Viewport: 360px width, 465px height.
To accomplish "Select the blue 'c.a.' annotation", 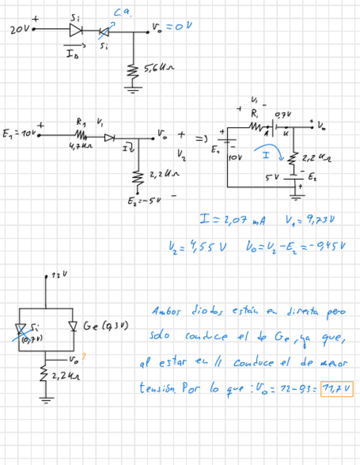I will click(x=122, y=12).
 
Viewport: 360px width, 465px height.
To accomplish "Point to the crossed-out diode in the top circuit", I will click(x=103, y=32).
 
